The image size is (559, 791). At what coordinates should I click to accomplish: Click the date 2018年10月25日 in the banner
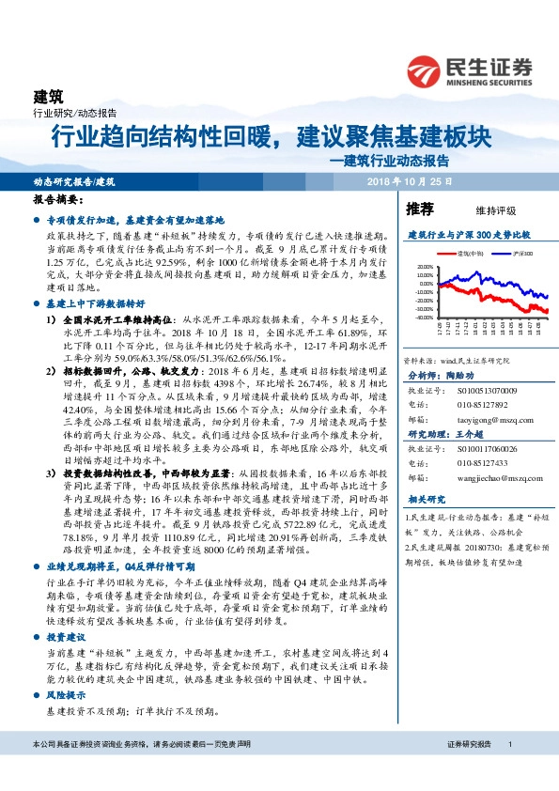[409, 180]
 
